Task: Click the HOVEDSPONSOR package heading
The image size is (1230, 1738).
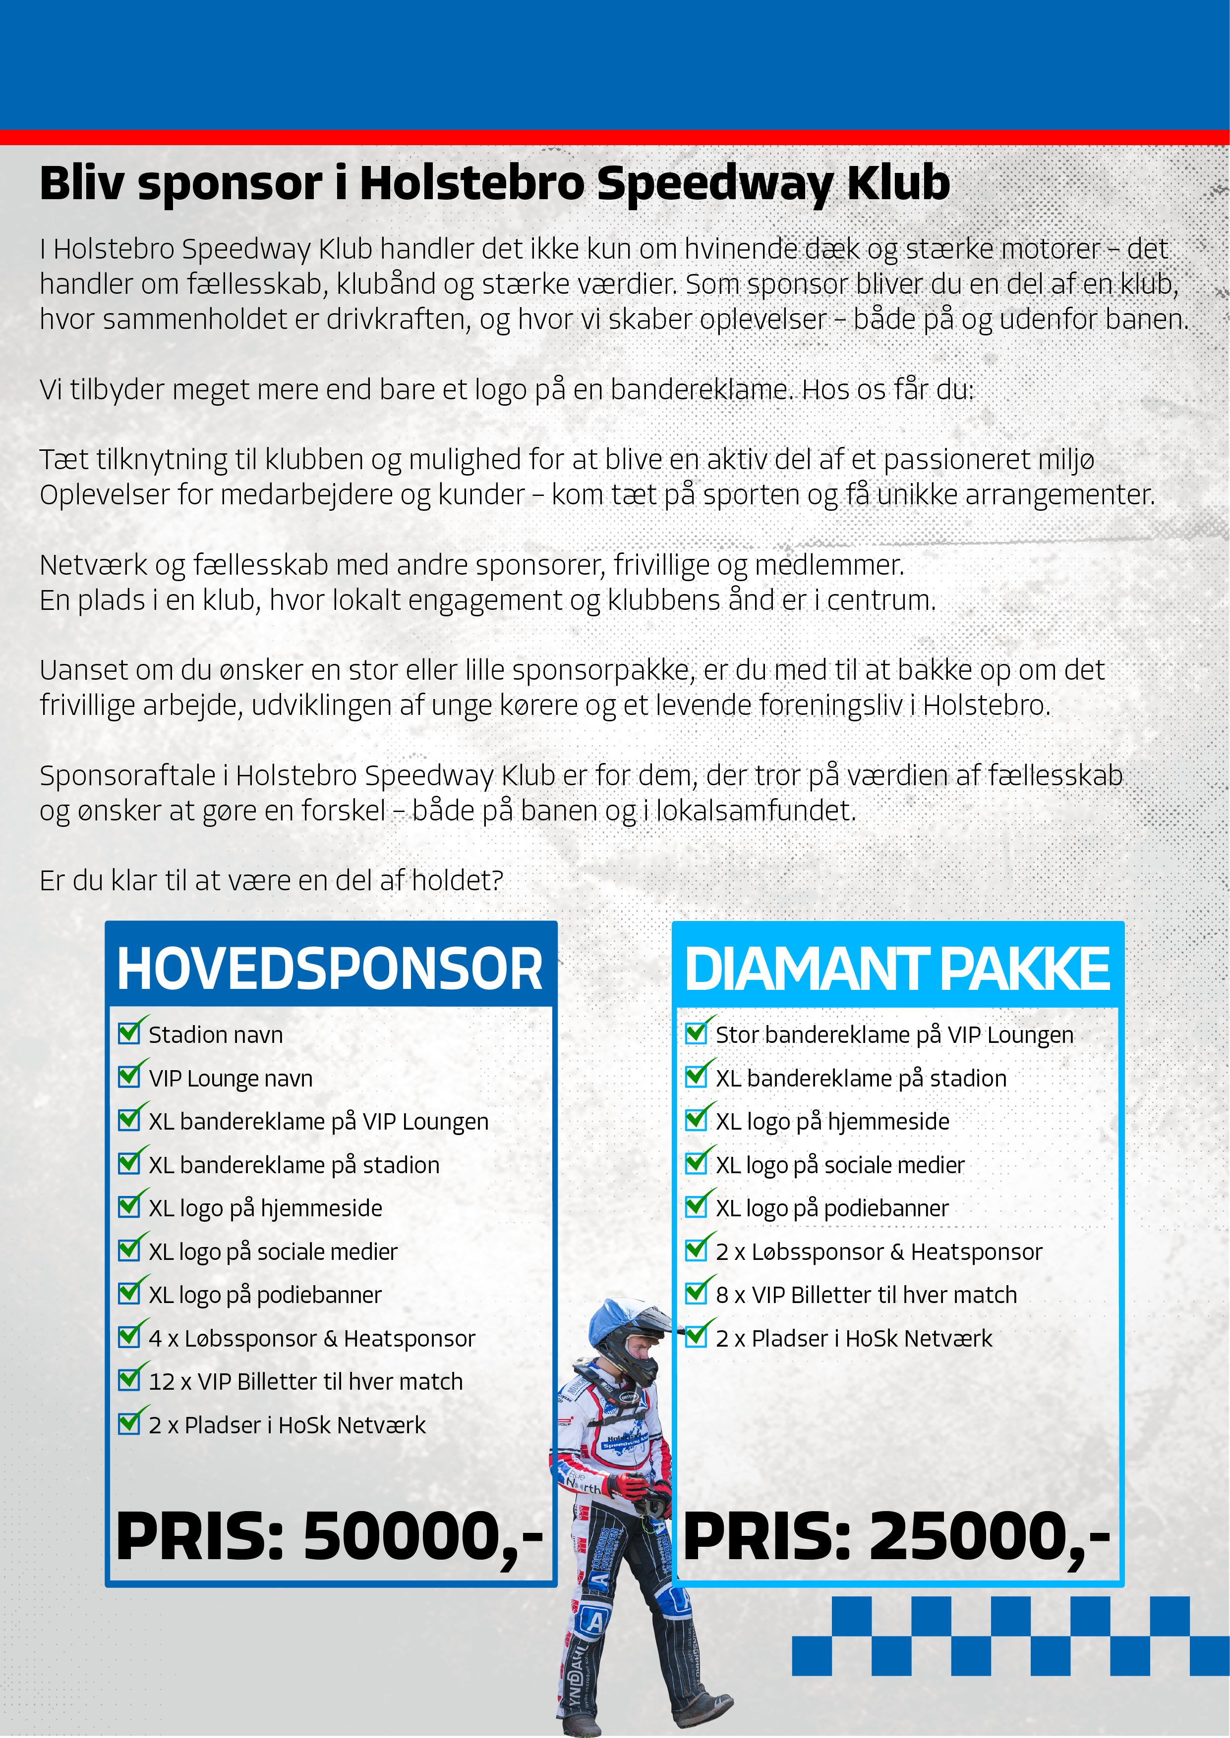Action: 330,969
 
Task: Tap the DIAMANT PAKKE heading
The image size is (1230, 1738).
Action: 897,969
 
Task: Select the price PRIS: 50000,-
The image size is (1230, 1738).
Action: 330,1537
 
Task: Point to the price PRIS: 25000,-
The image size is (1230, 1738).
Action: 897,1537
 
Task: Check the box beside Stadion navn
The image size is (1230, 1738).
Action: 129,1032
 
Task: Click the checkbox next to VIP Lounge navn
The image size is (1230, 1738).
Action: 129,1076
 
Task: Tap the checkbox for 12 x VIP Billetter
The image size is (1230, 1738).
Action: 129,1379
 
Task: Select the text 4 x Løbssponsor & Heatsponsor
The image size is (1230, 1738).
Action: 312,1338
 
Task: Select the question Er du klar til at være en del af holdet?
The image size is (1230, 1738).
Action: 271,881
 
